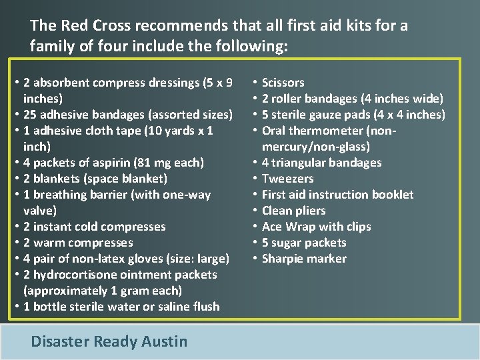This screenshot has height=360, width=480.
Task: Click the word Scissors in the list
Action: coord(283,83)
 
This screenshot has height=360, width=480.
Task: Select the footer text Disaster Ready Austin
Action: coord(109,341)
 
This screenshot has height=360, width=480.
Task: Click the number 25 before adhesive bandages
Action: coord(30,115)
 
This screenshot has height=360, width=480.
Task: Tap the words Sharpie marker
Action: coord(304,259)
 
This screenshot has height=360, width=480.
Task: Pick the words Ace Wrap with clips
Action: coord(316,227)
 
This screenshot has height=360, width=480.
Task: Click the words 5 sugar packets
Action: coord(304,243)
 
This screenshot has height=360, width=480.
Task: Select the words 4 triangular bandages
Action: coord(321,163)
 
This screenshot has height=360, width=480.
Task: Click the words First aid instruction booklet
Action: coord(337,195)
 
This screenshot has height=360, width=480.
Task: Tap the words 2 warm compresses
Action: coord(78,243)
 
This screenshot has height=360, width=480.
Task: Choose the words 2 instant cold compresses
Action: coord(94,227)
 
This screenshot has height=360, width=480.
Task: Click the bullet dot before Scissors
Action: coord(255,83)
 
